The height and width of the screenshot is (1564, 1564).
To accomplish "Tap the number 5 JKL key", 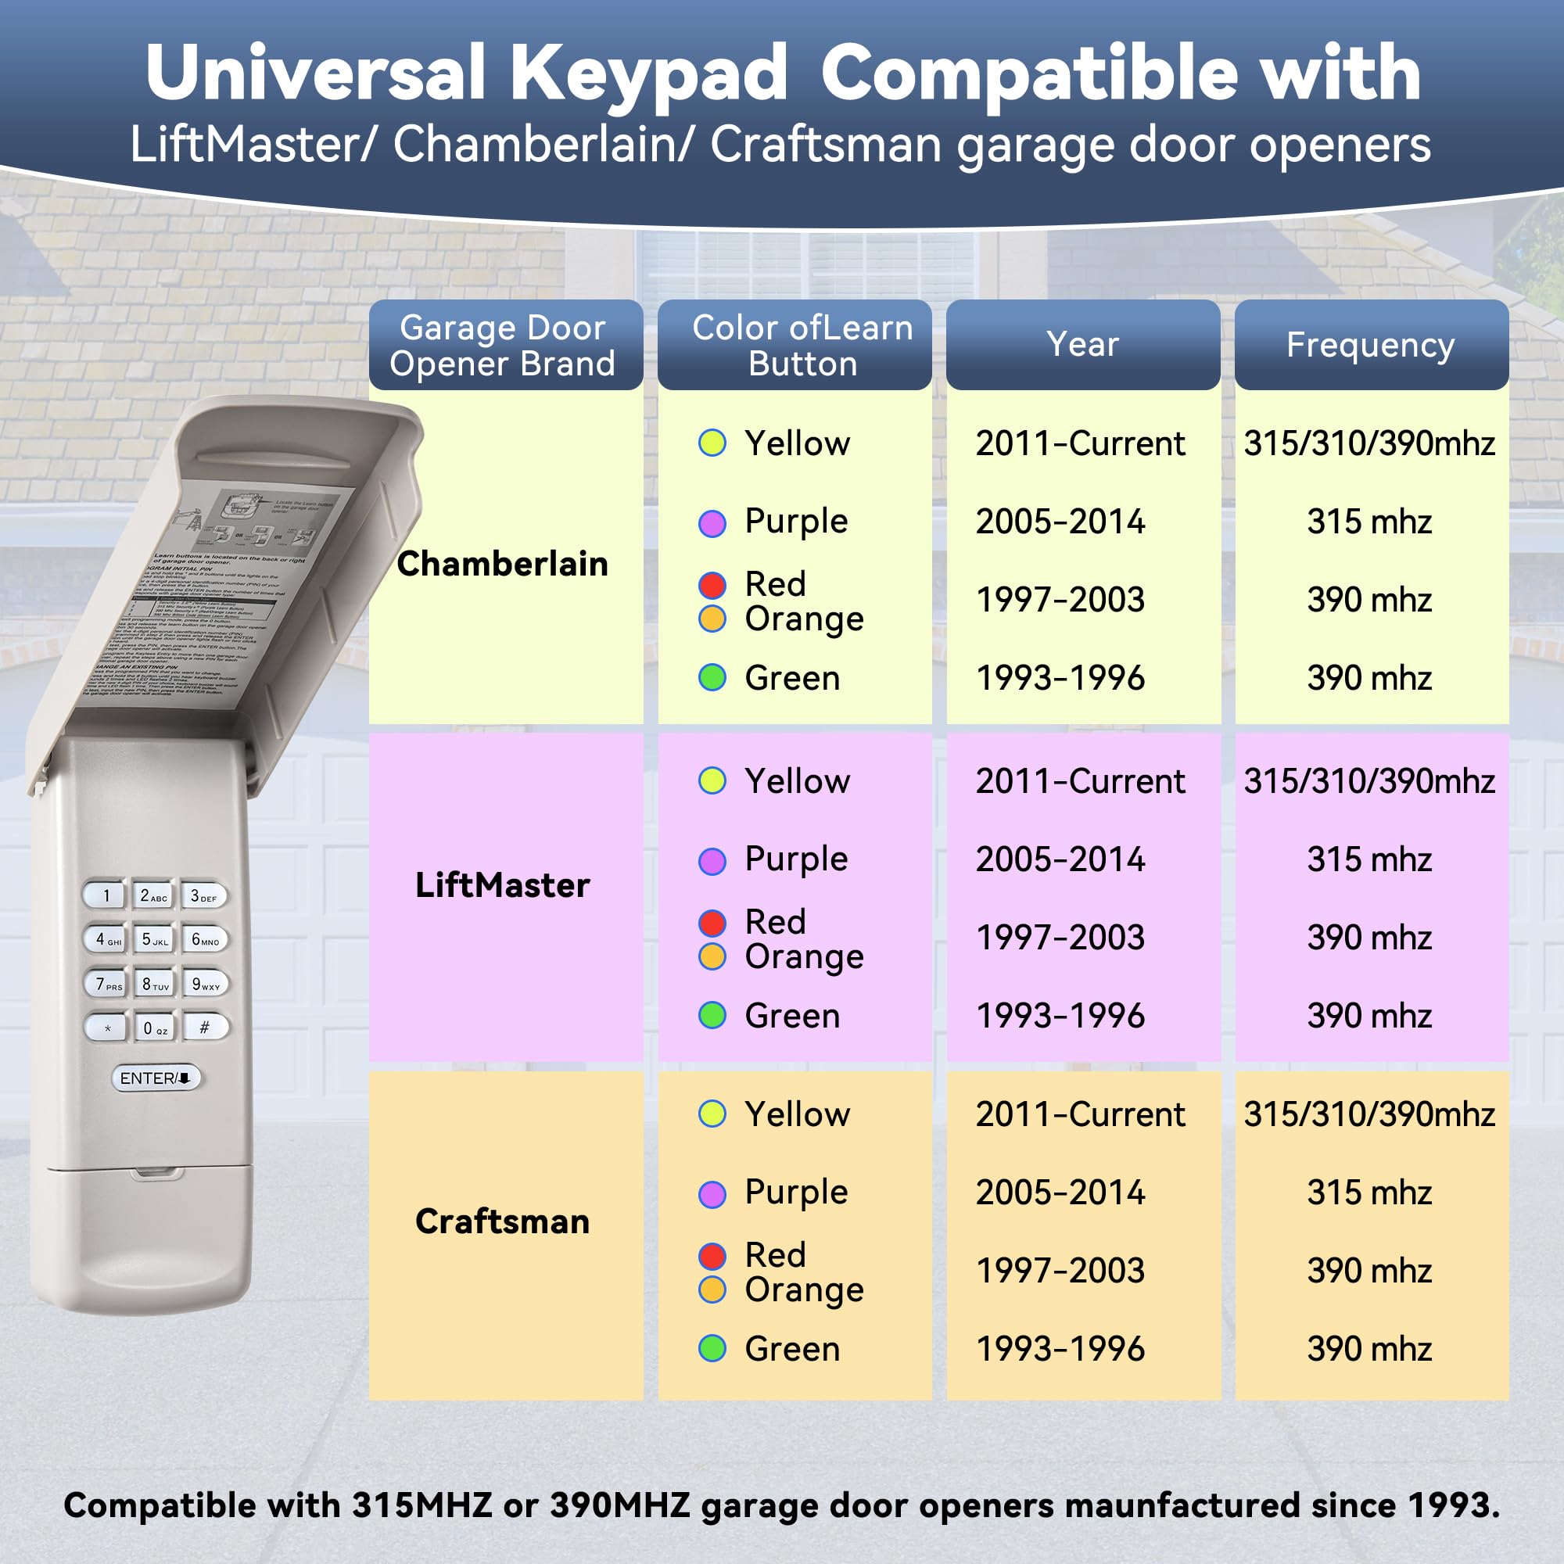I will click(x=155, y=939).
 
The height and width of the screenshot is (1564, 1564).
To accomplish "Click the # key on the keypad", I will click(x=205, y=1027).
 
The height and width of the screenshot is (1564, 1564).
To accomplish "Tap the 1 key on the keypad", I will click(x=106, y=895).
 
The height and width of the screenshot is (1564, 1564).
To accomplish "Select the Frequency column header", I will click(x=1371, y=345).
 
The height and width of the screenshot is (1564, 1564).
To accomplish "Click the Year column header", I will click(x=1082, y=345).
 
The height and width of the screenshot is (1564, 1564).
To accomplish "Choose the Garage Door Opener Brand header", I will click(x=502, y=346).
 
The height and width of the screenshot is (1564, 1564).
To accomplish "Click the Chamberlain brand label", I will click(x=502, y=563).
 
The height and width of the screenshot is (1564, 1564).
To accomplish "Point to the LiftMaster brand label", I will click(x=502, y=884).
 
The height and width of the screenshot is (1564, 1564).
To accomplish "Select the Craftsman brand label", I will click(x=502, y=1221).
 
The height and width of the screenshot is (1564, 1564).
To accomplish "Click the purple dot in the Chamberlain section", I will click(x=712, y=523).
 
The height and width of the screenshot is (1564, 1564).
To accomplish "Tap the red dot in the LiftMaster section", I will click(x=712, y=922).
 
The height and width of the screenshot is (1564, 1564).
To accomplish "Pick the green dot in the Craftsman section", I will click(x=712, y=1349).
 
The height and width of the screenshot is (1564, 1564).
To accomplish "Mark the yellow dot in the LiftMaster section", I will click(x=712, y=781).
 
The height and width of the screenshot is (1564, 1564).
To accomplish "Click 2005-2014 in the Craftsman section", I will click(x=1060, y=1193).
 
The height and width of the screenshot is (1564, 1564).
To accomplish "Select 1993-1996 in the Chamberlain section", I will click(x=1060, y=678).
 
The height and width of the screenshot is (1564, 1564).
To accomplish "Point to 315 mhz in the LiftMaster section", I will click(x=1369, y=859).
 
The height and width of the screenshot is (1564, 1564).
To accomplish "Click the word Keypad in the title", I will click(x=647, y=73).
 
